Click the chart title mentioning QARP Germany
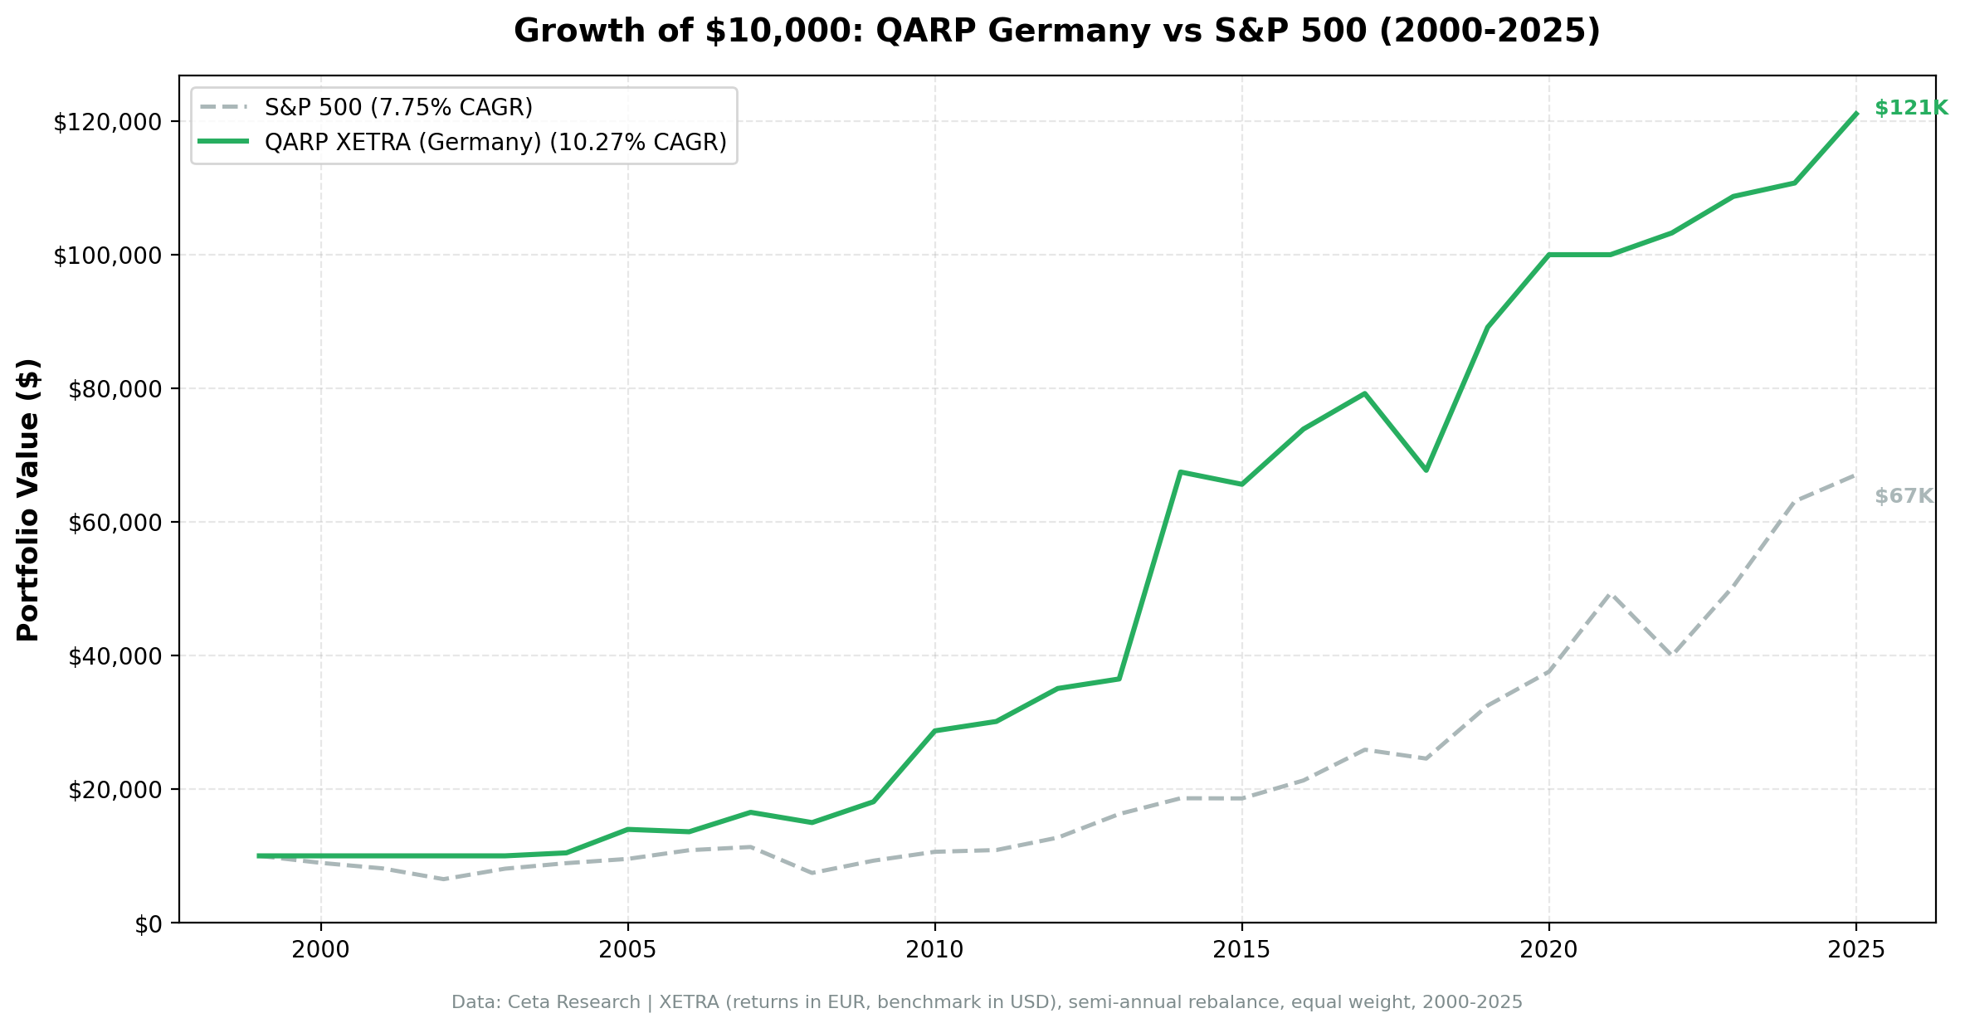1056,32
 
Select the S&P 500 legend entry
398,108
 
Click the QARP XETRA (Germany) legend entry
495,143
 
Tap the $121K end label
1910,109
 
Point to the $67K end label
1904,497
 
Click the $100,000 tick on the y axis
106,256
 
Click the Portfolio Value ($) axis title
29,499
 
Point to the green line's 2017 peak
1364,393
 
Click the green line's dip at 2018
1426,470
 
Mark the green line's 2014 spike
1180,472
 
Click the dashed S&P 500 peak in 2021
1610,594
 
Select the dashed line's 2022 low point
1671,655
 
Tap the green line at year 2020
1548,255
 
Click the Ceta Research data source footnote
986,1003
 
